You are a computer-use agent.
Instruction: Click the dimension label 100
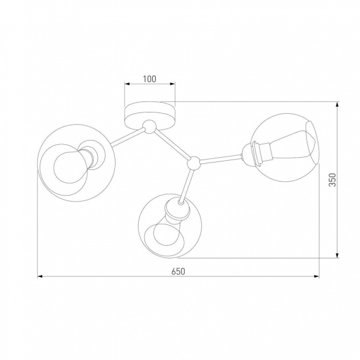point(150,79)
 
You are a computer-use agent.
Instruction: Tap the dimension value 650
point(178,271)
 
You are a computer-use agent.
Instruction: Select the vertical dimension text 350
point(332,180)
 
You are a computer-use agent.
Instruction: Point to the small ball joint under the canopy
point(149,127)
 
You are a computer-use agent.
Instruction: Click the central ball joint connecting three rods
point(194,163)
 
